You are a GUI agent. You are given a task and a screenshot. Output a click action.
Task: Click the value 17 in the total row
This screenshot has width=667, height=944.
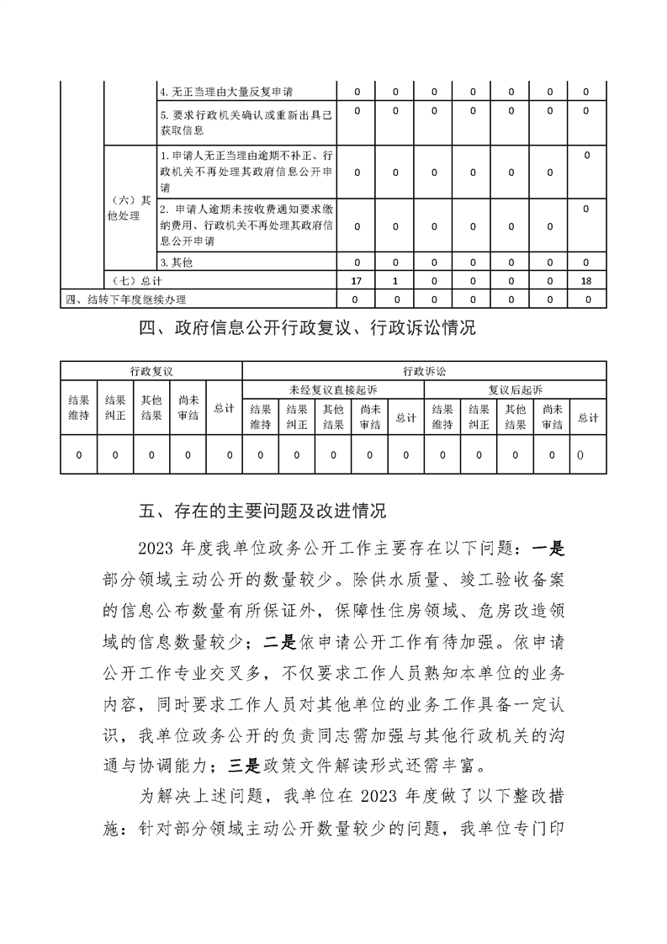pos(357,278)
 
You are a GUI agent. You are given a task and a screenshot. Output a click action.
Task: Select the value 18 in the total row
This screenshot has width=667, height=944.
pos(586,278)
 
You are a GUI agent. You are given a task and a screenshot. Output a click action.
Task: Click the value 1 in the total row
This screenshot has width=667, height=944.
pos(395,278)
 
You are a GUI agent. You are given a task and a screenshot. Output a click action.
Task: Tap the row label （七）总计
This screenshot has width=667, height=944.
pos(130,278)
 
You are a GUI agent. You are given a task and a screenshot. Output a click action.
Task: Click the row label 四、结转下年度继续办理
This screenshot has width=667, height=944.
pos(125,299)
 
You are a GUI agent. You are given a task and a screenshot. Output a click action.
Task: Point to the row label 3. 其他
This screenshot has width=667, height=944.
pos(177,262)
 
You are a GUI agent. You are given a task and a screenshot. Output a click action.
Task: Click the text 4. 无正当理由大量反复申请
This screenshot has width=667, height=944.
pos(226,91)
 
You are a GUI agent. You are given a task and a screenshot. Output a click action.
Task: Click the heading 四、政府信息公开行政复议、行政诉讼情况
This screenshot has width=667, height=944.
pos(308,328)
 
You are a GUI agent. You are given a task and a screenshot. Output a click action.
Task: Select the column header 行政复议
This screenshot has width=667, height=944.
pos(151,370)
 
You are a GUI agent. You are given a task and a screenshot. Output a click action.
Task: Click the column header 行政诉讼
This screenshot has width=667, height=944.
pos(424,370)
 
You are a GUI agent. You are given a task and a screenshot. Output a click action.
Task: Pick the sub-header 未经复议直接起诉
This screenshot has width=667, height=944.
pos(333,389)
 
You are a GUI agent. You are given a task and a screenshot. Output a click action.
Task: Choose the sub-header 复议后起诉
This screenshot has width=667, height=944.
pos(516,389)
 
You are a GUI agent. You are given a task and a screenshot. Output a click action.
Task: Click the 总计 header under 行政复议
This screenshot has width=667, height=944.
pos(224,407)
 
